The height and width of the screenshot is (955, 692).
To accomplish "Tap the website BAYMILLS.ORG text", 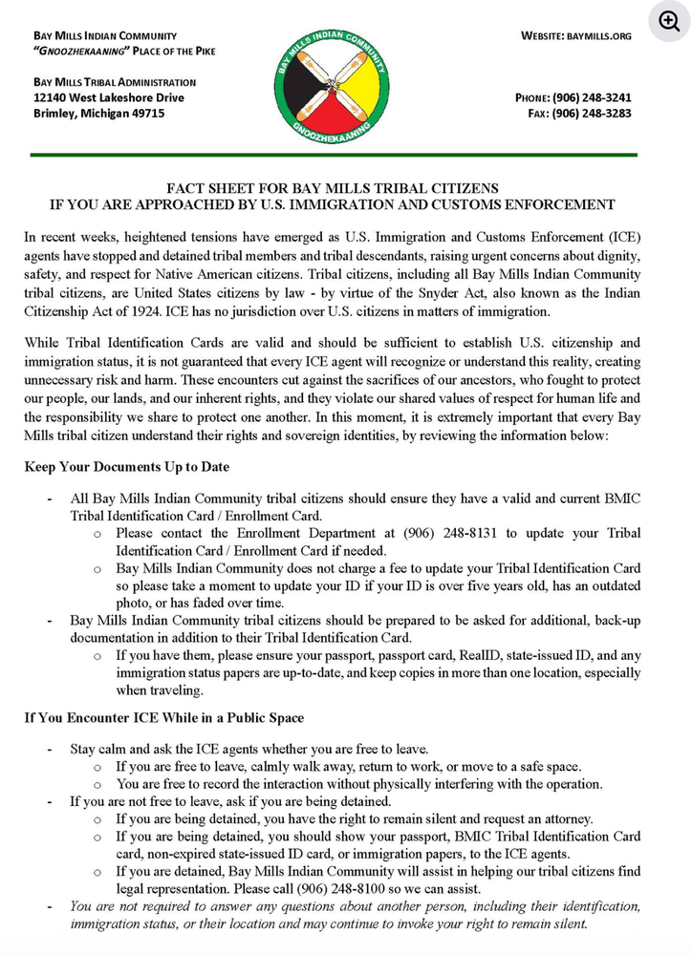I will (x=576, y=36).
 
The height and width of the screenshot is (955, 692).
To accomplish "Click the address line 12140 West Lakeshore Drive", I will (x=109, y=97).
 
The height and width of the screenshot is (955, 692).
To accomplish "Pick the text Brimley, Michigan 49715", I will (x=99, y=114).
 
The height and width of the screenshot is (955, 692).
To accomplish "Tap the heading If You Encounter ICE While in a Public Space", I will (x=164, y=717).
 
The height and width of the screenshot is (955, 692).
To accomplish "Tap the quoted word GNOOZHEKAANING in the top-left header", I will (x=76, y=51).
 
